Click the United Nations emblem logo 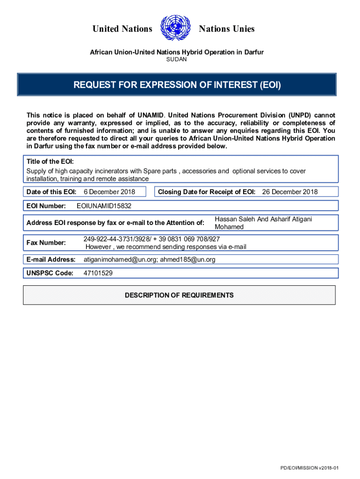tap(175, 29)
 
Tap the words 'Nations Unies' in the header tap(227, 29)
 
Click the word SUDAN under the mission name tap(177, 59)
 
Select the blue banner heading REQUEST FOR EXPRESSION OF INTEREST tap(177, 85)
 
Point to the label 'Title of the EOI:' tap(50, 161)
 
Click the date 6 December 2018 tap(109, 192)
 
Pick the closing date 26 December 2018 tap(289, 192)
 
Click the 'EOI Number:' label tap(46, 206)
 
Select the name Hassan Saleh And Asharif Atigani tap(263, 219)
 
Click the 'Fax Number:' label tap(46, 243)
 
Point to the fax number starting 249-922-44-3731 tap(151, 239)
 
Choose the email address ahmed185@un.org tap(188, 259)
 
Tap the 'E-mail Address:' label tap(51, 259)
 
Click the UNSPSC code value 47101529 tap(98, 273)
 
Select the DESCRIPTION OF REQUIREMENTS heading tap(179, 295)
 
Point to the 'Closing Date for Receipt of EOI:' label tap(207, 192)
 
